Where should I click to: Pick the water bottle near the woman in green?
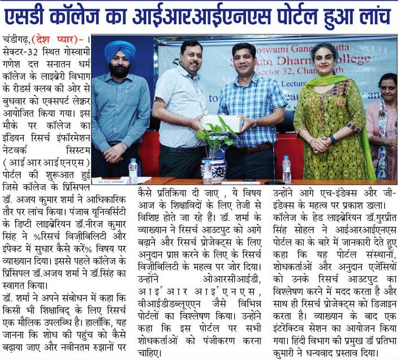click(287, 169)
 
